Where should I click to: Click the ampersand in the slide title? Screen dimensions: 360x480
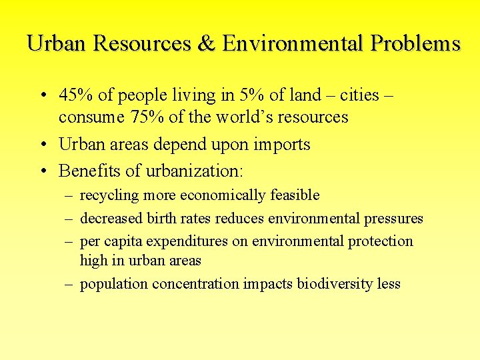(203, 43)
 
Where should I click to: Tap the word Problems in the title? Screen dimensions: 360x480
(415, 43)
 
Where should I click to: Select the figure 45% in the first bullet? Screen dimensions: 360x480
(75, 95)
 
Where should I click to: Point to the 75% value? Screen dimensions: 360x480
(128, 117)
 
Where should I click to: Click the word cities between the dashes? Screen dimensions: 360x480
(359, 95)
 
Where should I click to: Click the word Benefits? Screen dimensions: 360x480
(89, 171)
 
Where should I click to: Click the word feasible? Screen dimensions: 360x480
(295, 196)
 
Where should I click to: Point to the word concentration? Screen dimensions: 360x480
(195, 284)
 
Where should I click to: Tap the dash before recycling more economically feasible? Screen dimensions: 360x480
(69, 196)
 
